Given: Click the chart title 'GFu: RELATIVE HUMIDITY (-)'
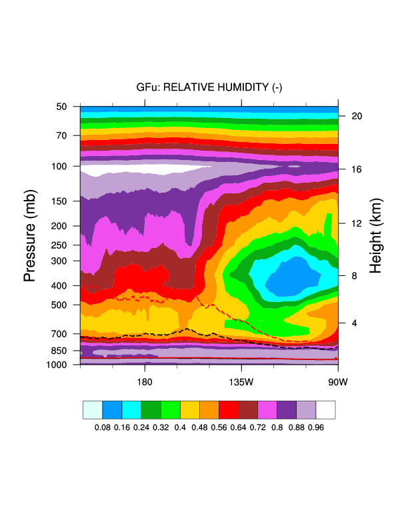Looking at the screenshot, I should (209, 87).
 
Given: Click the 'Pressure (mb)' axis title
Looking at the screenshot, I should (29, 233).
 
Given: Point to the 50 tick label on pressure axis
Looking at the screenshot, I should (62, 107).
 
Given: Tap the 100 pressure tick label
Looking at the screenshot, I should (59, 165).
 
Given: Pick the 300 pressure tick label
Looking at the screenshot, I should (59, 261).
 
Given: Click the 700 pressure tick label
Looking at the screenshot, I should (59, 333).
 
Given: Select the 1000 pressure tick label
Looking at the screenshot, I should (57, 365).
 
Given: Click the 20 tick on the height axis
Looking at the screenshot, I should (357, 115).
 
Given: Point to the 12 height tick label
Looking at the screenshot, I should (357, 223).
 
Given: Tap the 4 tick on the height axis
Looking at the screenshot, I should (354, 323).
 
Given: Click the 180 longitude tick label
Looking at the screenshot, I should (145, 382).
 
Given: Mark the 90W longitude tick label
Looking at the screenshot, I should (338, 382).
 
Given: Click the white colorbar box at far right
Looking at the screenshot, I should (325, 410).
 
